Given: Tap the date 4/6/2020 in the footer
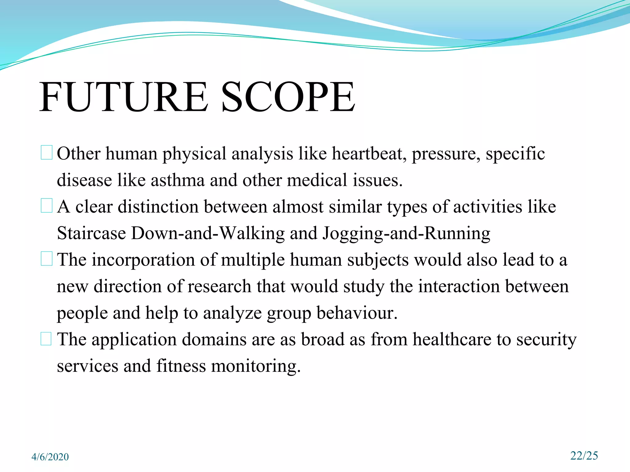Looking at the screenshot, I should (x=50, y=457).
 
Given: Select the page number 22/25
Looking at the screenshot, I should (x=584, y=455).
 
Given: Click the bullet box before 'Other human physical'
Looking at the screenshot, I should (x=46, y=153).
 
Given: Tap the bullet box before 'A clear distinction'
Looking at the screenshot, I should (x=46, y=206).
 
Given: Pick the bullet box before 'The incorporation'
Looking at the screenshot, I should (x=46, y=259).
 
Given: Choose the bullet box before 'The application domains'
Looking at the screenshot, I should (x=46, y=339).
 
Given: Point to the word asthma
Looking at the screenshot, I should (x=177, y=180).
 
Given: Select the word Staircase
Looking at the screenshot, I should (x=91, y=233).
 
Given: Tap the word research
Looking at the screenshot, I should (x=219, y=286).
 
